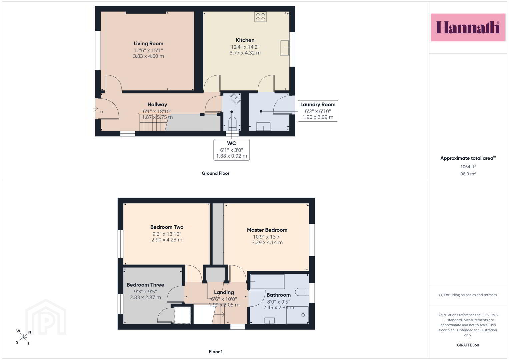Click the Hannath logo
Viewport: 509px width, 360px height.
(x=468, y=27)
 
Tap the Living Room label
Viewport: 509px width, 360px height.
(x=148, y=43)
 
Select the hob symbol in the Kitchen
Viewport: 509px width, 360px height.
(x=260, y=17)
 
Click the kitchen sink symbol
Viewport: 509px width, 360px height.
(x=284, y=48)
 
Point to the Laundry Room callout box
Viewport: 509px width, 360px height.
(x=318, y=111)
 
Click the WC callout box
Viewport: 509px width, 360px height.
(x=232, y=150)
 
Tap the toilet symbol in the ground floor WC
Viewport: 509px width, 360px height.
(x=232, y=124)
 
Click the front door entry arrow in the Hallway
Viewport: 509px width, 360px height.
(x=95, y=109)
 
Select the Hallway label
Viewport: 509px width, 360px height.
(x=157, y=105)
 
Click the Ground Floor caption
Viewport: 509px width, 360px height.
(x=215, y=173)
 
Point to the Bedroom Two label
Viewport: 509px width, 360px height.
(x=167, y=227)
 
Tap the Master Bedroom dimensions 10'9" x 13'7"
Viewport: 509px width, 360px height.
(x=267, y=237)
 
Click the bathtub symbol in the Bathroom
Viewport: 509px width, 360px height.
(x=267, y=281)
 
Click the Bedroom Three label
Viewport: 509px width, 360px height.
(x=145, y=285)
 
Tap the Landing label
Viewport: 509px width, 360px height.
(x=224, y=292)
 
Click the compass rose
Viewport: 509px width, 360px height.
(x=23, y=337)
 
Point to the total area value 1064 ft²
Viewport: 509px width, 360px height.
(x=468, y=167)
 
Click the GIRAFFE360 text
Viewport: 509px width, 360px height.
(x=468, y=345)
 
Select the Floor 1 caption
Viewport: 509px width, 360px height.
(x=216, y=352)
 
